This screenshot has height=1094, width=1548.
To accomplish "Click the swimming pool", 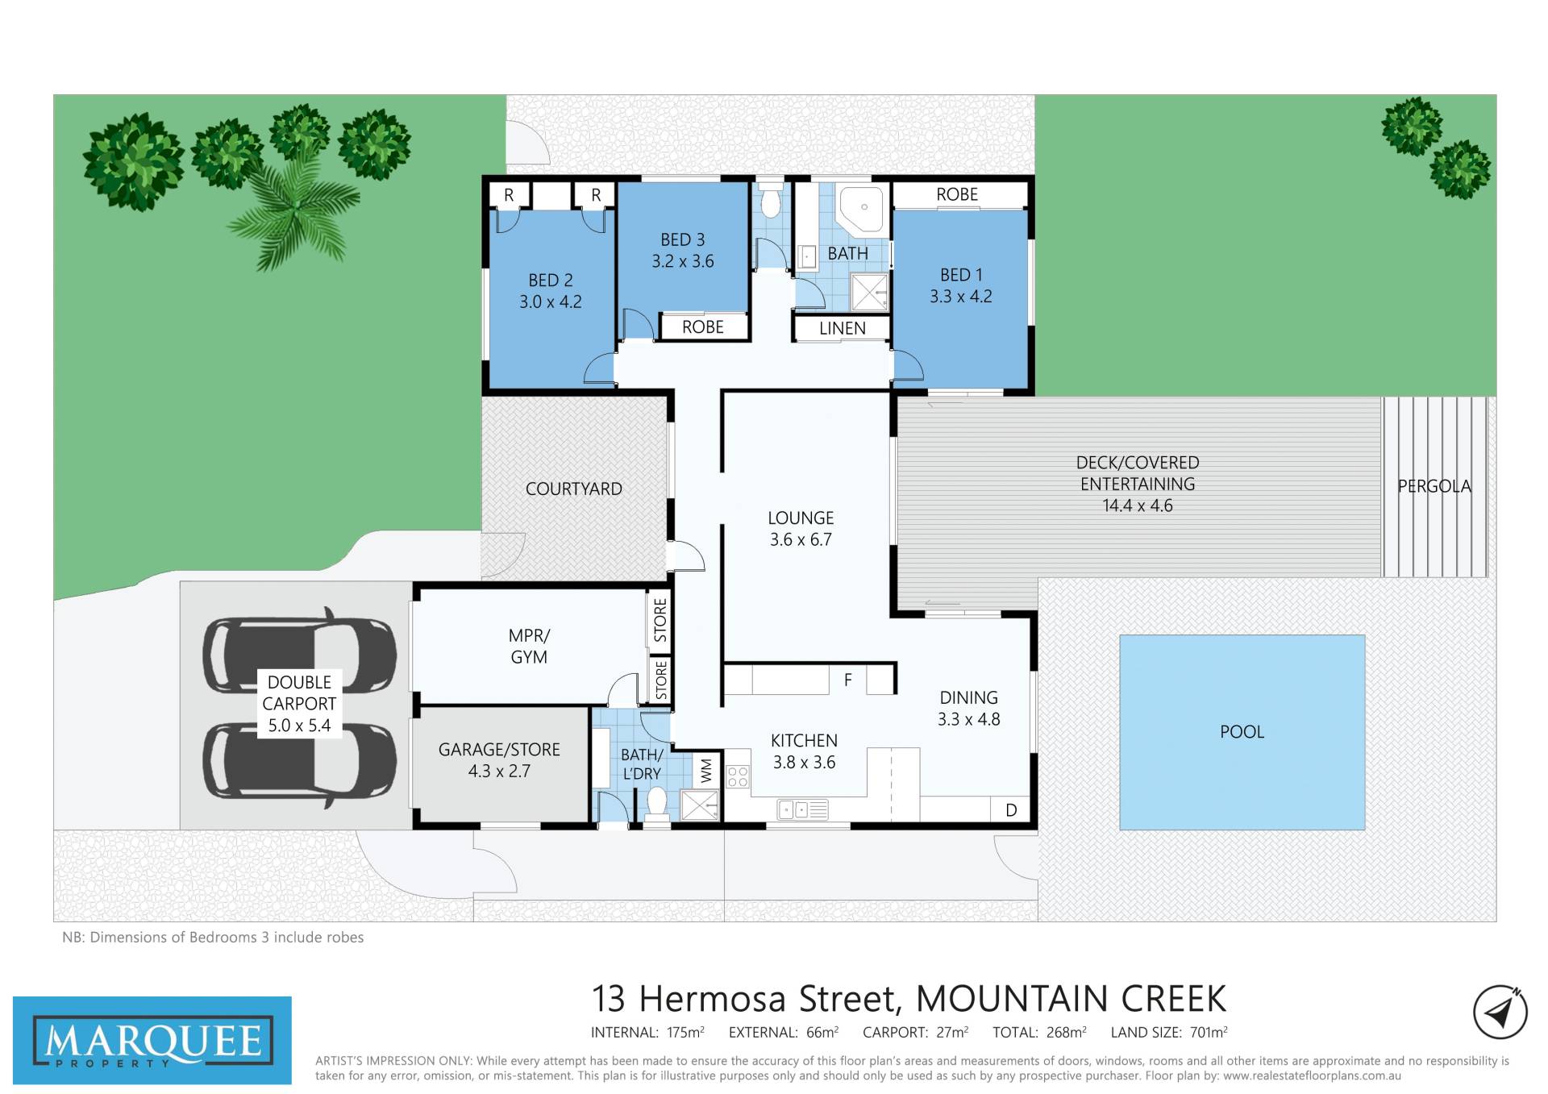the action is click(1242, 732).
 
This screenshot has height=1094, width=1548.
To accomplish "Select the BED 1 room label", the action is click(961, 275).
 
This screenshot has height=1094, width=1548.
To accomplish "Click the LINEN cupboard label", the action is click(843, 328).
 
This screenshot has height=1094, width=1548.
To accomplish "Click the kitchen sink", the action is click(803, 809).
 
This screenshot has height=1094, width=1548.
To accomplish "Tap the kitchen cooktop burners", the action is click(738, 777).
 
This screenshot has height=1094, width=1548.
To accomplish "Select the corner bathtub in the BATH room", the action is click(863, 210).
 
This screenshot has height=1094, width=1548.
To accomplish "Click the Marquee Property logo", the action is click(152, 1040).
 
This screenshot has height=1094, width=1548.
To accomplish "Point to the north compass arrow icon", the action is click(1500, 1013).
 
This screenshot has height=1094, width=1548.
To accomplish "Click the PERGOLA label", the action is click(1434, 486).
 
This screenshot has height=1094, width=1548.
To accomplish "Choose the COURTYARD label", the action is click(573, 489).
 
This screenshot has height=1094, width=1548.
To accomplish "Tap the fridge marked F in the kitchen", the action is click(848, 680).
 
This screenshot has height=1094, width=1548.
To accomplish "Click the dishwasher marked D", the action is click(1011, 809).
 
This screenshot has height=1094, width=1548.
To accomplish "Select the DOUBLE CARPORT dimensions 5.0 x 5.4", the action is click(299, 726).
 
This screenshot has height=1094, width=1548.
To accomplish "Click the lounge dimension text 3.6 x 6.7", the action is click(801, 539).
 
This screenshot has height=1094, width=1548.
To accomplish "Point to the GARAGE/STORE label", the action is click(499, 750).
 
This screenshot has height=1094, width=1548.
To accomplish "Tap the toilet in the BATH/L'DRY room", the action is click(656, 805).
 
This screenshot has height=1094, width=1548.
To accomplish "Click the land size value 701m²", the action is click(1209, 1032).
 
